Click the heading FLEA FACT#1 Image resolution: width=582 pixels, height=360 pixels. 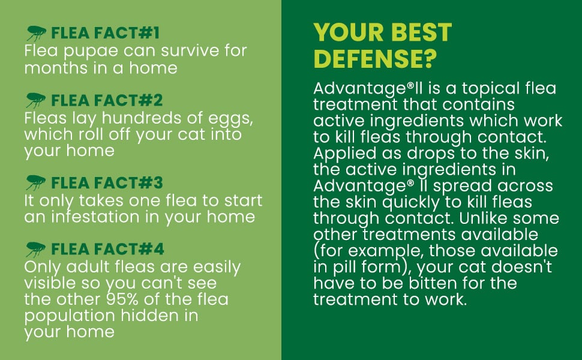coord(106,33)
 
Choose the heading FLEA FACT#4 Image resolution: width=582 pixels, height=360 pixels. coord(107,249)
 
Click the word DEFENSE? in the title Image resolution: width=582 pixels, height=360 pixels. coord(375,59)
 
